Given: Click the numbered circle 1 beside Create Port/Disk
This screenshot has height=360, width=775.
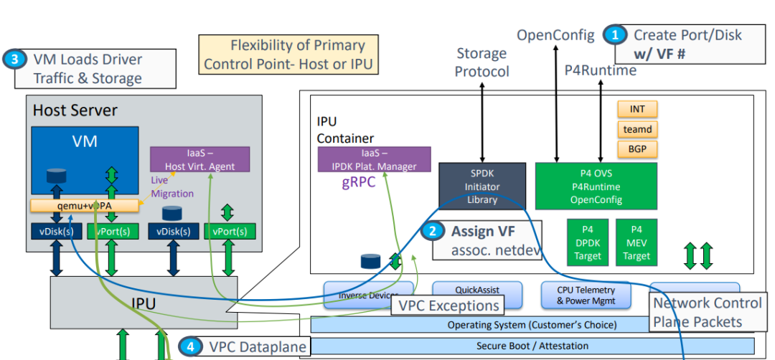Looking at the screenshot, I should (614, 34).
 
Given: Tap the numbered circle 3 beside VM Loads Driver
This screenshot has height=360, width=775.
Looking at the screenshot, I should (14, 60).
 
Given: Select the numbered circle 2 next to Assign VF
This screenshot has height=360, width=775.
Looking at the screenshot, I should (433, 231).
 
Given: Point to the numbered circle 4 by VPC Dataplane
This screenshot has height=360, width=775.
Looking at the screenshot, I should (189, 347).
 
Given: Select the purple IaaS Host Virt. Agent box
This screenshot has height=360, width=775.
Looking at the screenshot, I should (199, 159).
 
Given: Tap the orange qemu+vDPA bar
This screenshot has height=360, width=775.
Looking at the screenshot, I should (84, 206).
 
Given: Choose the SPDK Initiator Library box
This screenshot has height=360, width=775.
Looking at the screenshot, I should (482, 187).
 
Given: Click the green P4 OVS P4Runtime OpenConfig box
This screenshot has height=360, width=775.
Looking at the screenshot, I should (596, 187).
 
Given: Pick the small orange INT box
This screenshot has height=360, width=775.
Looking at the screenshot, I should (637, 109).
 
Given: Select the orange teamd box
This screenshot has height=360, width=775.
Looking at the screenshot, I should (637, 129).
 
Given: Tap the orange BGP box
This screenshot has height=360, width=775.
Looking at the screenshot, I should (637, 149).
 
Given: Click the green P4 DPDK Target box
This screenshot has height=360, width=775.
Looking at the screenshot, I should (588, 242).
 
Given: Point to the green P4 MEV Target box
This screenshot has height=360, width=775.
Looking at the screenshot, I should (637, 242).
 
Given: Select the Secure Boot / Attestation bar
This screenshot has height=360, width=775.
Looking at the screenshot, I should (532, 346).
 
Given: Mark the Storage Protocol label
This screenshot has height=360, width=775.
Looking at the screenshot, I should (482, 62).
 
